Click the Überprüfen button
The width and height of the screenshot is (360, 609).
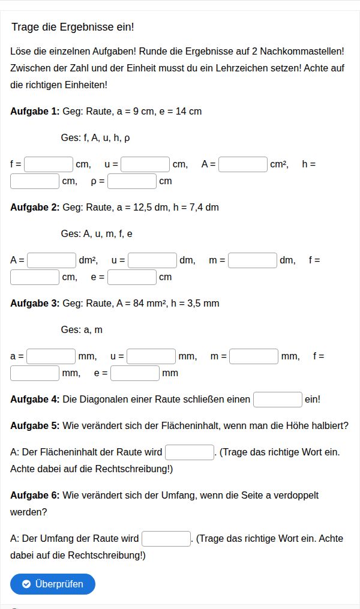[x=53, y=584]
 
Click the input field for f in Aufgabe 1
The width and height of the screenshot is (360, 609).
[x=49, y=164]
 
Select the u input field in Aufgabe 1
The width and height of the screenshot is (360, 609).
[x=145, y=164]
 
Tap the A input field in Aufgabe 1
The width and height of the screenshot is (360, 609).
[x=243, y=164]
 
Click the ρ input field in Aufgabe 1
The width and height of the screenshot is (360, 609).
[x=132, y=181]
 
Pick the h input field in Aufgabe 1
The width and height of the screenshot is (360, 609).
[x=35, y=181]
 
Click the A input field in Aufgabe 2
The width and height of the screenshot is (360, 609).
[x=52, y=260]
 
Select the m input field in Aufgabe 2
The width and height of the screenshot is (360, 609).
[x=253, y=260]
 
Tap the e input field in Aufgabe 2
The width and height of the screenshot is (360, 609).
[x=132, y=277]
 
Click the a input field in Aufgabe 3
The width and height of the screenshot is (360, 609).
[x=51, y=356]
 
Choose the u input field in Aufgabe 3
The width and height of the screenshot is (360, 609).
[x=151, y=356]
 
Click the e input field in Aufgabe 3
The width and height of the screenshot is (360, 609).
[x=135, y=373]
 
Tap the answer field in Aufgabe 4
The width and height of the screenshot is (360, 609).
[x=278, y=400]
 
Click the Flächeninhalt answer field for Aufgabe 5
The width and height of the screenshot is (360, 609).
[x=190, y=452]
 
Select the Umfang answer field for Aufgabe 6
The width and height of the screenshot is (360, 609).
[x=166, y=539]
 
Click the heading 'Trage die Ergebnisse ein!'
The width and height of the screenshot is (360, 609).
[x=73, y=28]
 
